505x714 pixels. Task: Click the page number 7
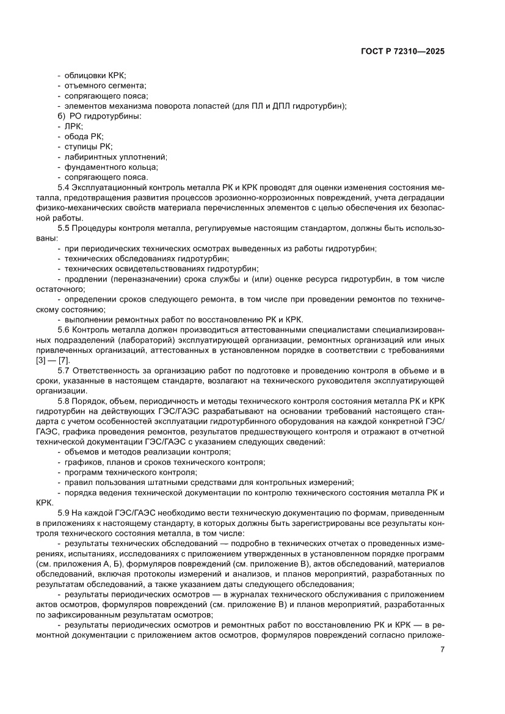click(441, 649)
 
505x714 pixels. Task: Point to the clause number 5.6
click(64, 330)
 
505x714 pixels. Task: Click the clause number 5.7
click(64, 371)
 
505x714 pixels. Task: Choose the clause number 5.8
click(64, 401)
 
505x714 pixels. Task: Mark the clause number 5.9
click(64, 513)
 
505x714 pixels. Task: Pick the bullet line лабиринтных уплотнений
click(107, 157)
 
